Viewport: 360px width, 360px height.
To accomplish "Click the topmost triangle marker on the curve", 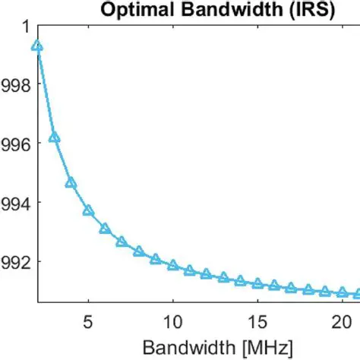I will pyautogui.click(x=37, y=46).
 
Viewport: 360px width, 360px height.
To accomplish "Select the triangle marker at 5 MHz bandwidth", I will pyautogui.click(x=88, y=210).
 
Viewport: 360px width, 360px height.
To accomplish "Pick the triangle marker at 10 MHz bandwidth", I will pyautogui.click(x=172, y=265).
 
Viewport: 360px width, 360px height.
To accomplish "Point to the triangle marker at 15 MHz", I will pyautogui.click(x=257, y=283).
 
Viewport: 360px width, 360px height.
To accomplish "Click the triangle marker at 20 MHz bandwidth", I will pyautogui.click(x=343, y=292).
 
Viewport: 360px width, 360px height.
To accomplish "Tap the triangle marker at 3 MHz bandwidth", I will pyautogui.click(x=54, y=137).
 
